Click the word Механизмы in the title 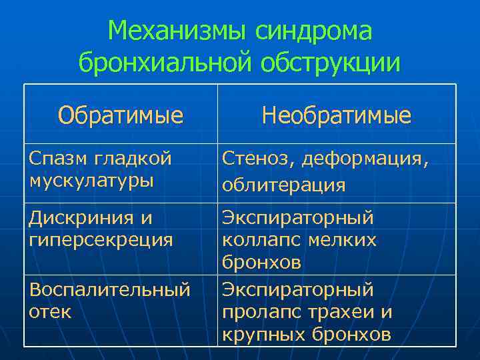(171, 31)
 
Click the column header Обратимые (120, 116)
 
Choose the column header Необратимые (336, 116)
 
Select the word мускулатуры (91, 179)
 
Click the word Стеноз (258, 158)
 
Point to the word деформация (365, 159)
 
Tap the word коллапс (256, 240)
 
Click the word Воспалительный (109, 290)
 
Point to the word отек (50, 311)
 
